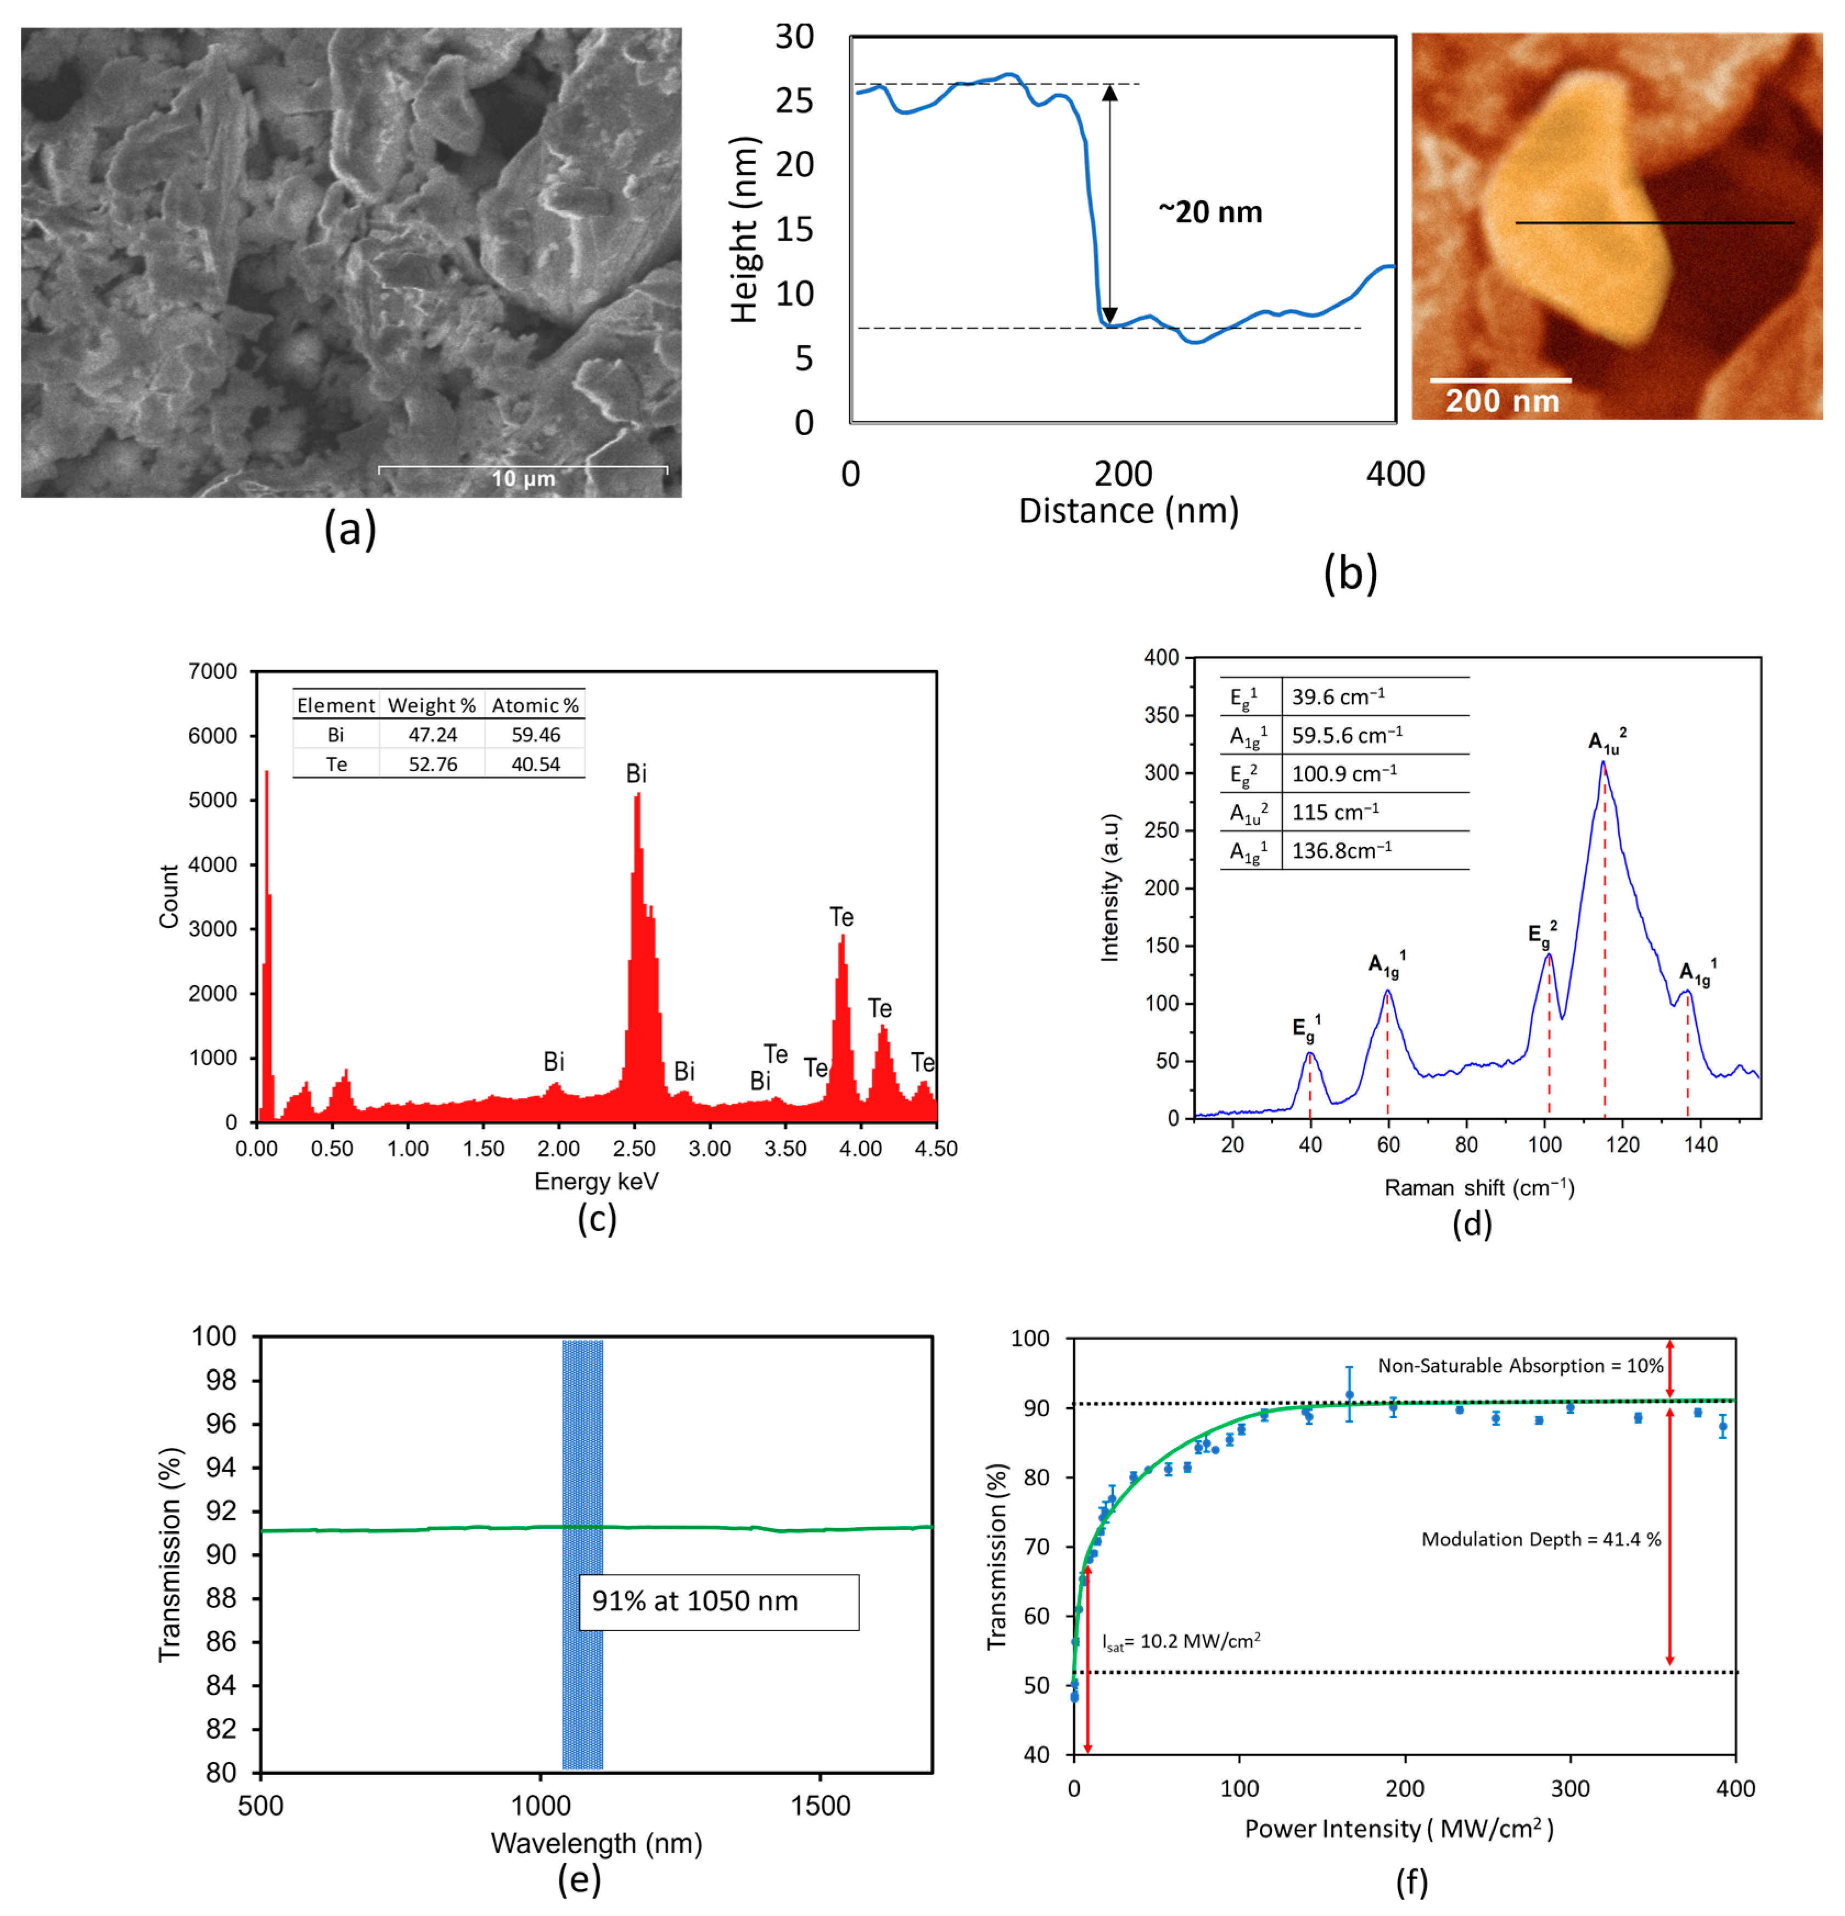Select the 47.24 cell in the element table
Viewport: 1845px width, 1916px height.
(x=432, y=735)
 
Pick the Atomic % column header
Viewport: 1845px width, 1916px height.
(x=535, y=705)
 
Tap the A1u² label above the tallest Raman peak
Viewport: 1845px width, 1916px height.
(x=1606, y=741)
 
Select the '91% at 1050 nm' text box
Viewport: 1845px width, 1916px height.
(x=719, y=1601)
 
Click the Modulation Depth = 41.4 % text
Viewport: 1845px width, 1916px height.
(x=1541, y=1539)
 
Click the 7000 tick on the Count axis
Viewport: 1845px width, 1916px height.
(x=212, y=672)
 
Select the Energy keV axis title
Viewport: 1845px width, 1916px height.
(x=596, y=1182)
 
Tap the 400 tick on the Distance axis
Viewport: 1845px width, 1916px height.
(x=1395, y=474)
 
